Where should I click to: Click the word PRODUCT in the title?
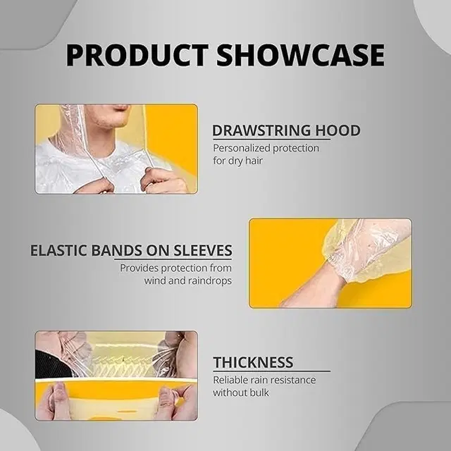pyautogui.click(x=137, y=55)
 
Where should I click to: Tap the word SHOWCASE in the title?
pyautogui.click(x=301, y=55)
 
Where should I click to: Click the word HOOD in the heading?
pyautogui.click(x=338, y=130)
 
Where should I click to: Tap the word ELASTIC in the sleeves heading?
pyautogui.click(x=58, y=251)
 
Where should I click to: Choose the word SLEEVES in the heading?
pyautogui.click(x=203, y=251)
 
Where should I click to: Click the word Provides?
pyautogui.click(x=139, y=268)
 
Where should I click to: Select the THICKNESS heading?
pyautogui.click(x=253, y=362)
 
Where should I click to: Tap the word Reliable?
pyautogui.click(x=230, y=381)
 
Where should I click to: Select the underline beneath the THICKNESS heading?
pyautogui.click(x=271, y=371)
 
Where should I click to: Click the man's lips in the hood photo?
pyautogui.click(x=121, y=108)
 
